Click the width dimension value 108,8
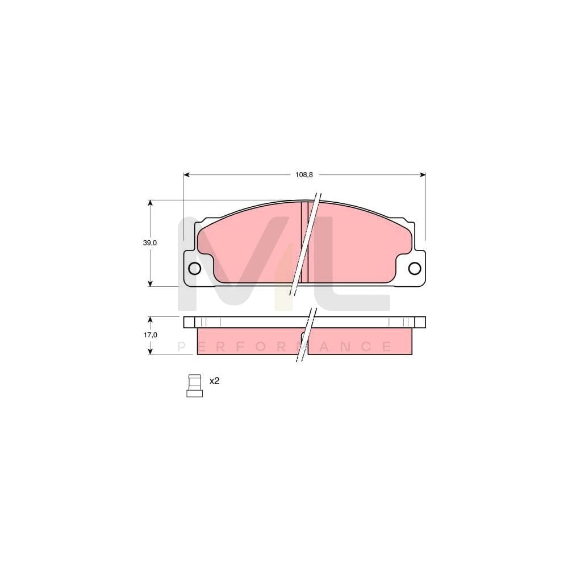pos(304,174)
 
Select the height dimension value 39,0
pos(149,243)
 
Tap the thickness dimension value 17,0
pos(149,335)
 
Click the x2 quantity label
pos(214,381)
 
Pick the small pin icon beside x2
pos(194,386)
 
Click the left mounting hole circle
pos(194,269)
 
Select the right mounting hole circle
pos(415,269)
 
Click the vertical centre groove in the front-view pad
pos(304,241)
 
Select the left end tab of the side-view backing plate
pos(189,322)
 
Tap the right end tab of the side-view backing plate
pos(420,322)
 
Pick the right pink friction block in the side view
pos(361,341)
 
